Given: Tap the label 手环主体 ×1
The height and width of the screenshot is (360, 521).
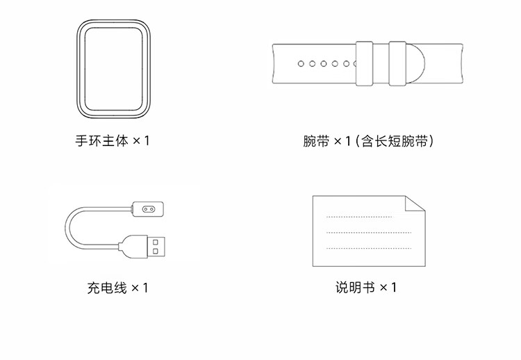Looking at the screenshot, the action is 113,140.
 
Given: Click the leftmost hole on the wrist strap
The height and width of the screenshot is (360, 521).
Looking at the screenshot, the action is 301,63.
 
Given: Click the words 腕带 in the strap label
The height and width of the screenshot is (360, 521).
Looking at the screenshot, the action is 316,141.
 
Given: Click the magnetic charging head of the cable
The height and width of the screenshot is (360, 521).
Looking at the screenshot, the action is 147,209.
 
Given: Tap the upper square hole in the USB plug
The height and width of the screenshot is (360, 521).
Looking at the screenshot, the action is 155,243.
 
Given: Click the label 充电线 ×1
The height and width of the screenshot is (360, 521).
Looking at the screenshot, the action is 117,288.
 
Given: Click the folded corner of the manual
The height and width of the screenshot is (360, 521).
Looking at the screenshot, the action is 415,204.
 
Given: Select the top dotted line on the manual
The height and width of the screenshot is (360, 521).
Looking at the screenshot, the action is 359,217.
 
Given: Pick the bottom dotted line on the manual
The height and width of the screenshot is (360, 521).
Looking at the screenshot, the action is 369,248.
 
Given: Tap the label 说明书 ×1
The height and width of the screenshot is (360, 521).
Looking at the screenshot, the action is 366,287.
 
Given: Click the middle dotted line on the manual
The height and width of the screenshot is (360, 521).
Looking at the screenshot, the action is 369,232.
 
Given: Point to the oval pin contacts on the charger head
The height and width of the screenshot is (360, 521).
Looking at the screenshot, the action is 149,209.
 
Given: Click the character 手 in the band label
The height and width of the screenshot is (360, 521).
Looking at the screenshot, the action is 81,140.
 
